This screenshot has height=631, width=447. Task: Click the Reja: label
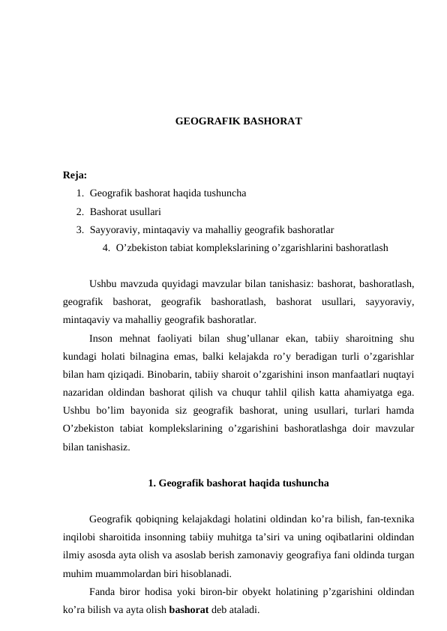coord(75,176)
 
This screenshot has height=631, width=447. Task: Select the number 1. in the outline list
coord(79,193)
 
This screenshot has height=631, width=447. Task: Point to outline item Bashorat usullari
coord(126,211)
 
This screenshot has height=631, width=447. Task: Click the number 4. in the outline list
coord(106,247)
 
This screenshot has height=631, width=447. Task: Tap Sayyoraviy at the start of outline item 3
coord(110,229)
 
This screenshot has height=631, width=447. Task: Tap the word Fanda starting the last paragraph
coord(103,591)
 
